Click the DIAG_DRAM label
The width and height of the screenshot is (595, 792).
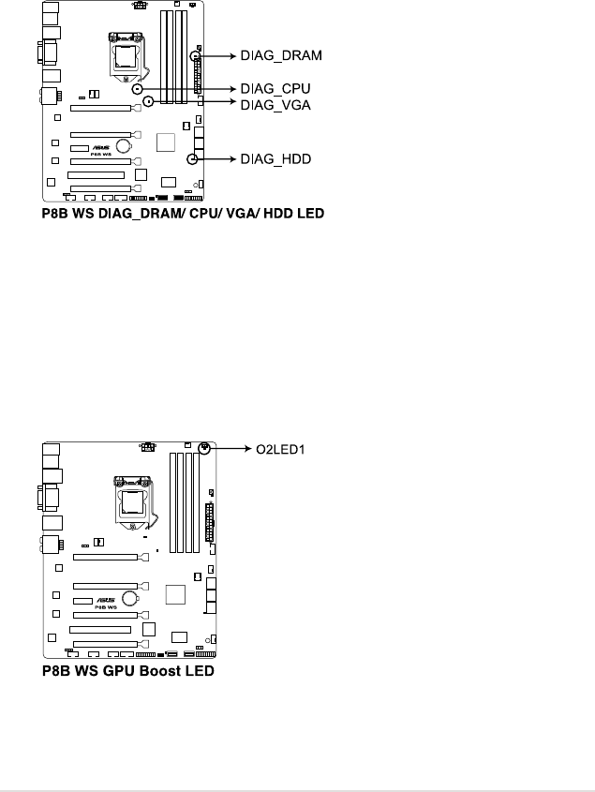(281, 56)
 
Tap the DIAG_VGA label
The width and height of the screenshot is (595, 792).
(275, 106)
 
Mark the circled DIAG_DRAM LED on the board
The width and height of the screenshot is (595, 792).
(196, 56)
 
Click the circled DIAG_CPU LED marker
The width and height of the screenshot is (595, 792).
(137, 89)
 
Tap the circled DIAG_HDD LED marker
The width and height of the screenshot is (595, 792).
(192, 160)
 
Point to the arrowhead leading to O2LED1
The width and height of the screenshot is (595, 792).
(243, 450)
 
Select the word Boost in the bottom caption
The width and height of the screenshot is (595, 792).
(149, 673)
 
